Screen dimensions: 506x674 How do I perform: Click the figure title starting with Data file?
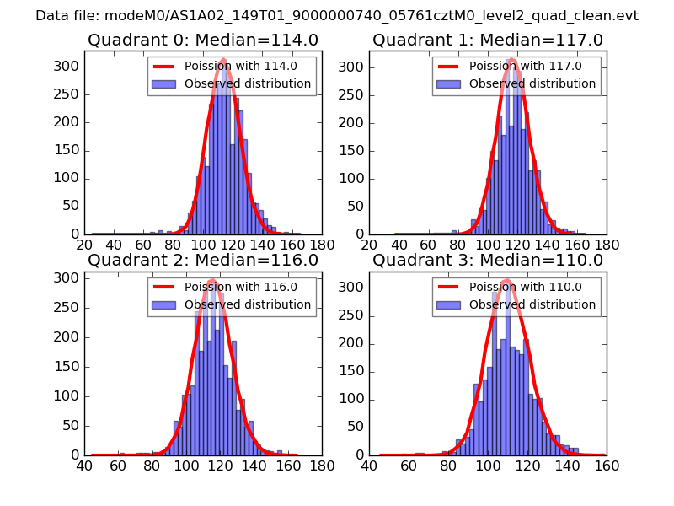(x=337, y=16)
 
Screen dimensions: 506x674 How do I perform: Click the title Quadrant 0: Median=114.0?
(x=203, y=40)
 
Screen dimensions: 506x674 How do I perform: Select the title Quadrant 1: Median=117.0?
(x=488, y=40)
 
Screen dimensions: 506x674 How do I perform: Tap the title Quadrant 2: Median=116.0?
(x=203, y=260)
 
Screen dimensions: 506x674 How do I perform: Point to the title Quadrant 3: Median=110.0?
(x=488, y=260)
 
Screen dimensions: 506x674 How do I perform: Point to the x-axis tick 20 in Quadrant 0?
(x=84, y=245)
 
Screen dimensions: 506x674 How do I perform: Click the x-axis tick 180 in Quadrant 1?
(x=606, y=245)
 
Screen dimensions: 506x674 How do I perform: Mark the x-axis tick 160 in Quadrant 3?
(x=606, y=464)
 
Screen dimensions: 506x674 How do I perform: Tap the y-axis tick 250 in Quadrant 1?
(x=354, y=94)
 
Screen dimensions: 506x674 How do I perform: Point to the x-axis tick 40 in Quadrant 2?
(x=84, y=464)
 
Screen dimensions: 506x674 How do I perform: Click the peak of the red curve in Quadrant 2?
(x=211, y=280)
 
